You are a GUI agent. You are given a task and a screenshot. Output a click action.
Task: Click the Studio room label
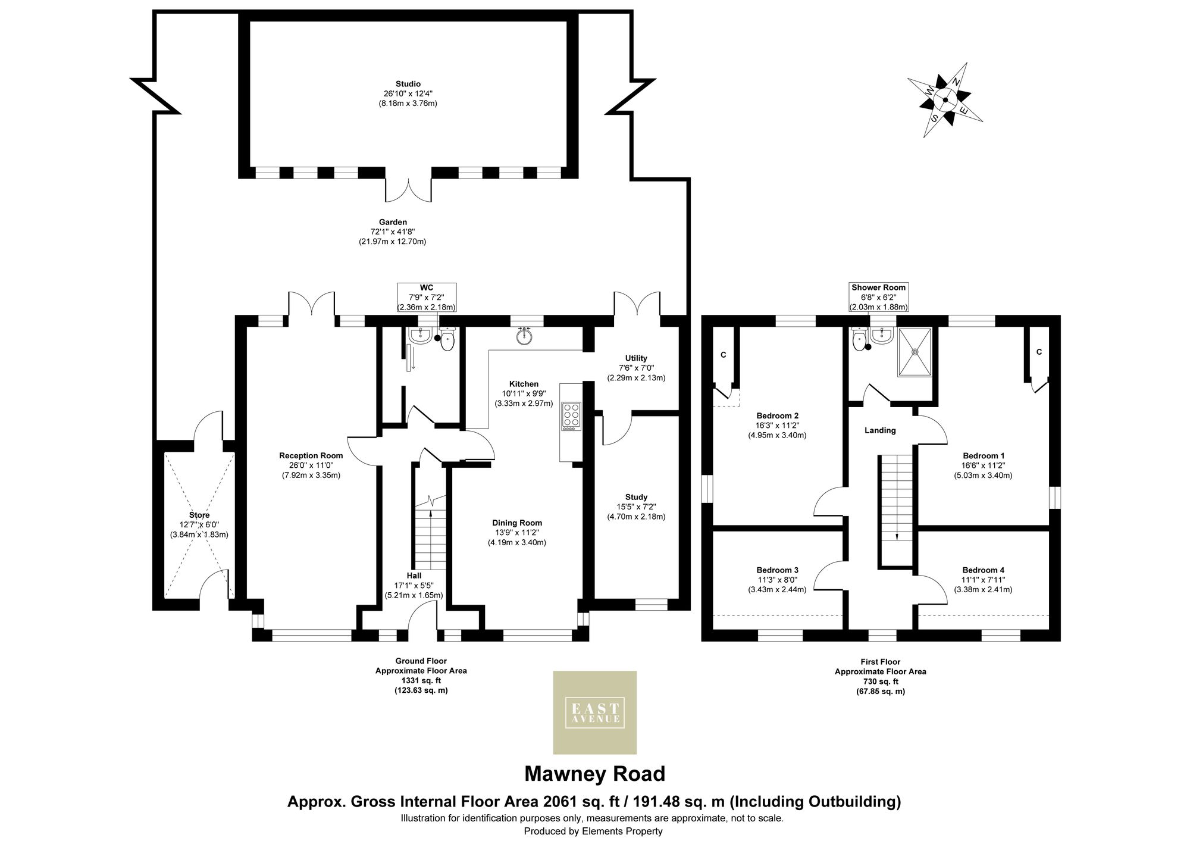[x=408, y=84]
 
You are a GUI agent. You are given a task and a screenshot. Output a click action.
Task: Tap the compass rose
[x=945, y=100]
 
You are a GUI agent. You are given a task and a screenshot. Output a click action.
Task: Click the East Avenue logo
[x=594, y=712]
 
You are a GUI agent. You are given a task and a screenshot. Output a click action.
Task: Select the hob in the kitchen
[x=571, y=415]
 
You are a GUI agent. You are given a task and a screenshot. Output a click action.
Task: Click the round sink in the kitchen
[x=524, y=336]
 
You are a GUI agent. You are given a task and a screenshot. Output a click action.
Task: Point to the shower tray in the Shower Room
[x=915, y=352]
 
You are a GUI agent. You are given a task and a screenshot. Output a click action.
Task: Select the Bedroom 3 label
[x=777, y=570]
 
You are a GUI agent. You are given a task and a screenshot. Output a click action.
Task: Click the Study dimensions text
[x=636, y=512]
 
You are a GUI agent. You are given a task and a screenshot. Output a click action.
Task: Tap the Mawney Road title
[x=594, y=774]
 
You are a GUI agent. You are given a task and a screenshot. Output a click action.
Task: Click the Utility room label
[x=636, y=358]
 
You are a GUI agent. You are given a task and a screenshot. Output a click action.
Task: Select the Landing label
[x=879, y=430]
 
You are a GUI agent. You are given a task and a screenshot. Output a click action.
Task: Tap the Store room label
[x=199, y=515]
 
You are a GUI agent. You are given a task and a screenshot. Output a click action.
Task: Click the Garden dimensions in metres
[x=392, y=242]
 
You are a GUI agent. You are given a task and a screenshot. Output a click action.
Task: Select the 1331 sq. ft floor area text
[x=421, y=680]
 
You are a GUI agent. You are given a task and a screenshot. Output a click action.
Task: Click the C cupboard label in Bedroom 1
[x=1039, y=352]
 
